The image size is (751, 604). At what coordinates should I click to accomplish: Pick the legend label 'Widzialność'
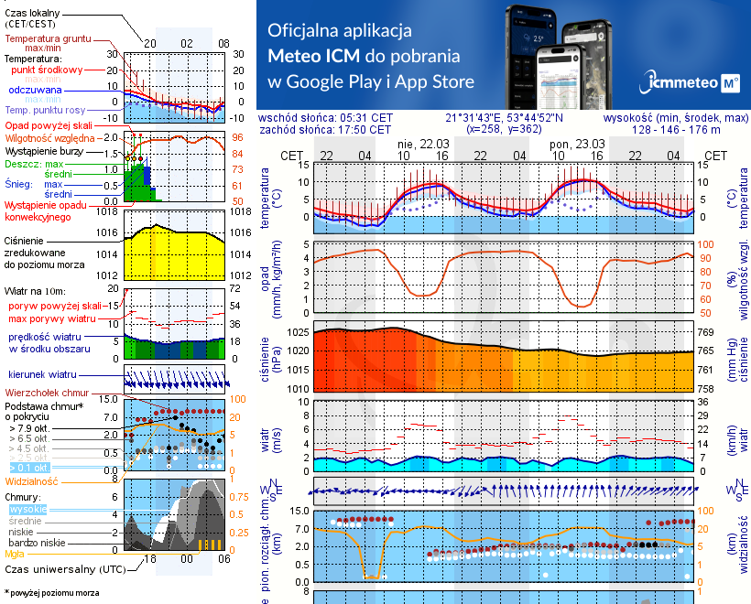(32, 480)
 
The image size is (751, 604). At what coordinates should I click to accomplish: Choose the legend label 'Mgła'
(15, 554)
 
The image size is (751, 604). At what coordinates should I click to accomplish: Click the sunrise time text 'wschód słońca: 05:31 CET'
(325, 118)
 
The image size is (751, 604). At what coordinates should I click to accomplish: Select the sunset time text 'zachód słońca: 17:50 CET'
(325, 130)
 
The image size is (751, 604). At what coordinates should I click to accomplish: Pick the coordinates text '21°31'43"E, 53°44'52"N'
(505, 118)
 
